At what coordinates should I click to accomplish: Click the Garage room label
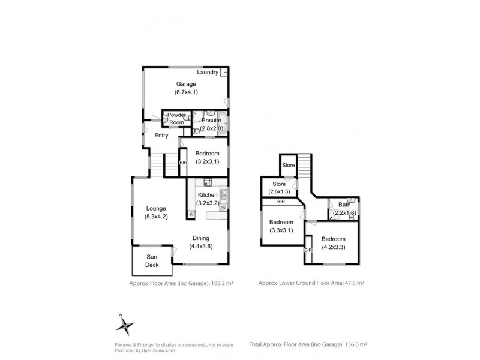tap(186, 83)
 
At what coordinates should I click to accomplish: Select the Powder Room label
tap(176, 119)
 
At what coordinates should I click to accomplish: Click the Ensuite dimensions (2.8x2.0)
tap(212, 128)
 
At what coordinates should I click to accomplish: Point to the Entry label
tap(161, 136)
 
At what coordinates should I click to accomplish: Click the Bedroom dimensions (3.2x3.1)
tap(206, 161)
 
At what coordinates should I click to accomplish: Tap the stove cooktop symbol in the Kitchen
tap(208, 182)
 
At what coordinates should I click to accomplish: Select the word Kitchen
tap(207, 196)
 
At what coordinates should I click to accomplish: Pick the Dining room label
tap(201, 238)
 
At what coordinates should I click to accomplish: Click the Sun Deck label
tap(152, 260)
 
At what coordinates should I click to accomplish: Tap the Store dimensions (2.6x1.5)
tap(279, 191)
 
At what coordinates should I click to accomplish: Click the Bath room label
tap(344, 205)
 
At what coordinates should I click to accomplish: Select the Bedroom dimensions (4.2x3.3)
tap(333, 247)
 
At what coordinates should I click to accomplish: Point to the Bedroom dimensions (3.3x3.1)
tap(281, 230)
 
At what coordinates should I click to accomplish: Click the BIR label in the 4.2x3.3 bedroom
tap(308, 250)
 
